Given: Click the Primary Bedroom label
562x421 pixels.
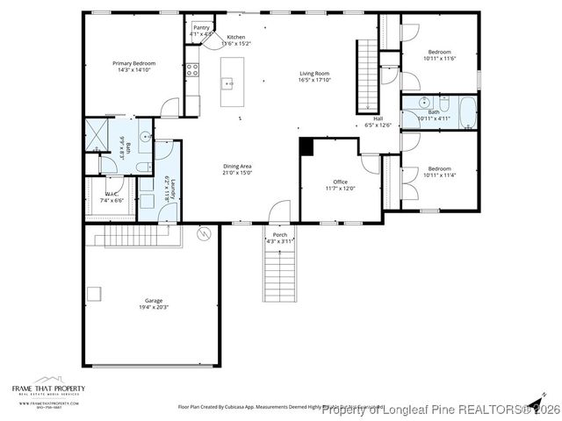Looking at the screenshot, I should coord(134,63).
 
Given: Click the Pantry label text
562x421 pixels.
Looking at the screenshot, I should coord(202,28).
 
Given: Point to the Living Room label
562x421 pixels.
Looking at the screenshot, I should coord(314,74).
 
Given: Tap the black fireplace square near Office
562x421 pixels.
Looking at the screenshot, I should coord(306,147).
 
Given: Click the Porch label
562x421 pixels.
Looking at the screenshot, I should coord(280,235).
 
